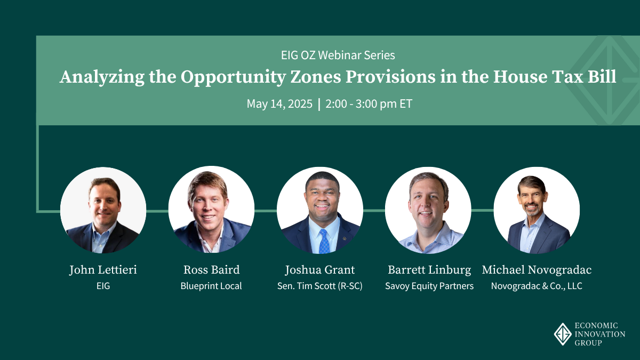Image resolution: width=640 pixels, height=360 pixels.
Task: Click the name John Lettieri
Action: point(103,270)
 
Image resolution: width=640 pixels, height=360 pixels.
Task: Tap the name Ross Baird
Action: point(211,270)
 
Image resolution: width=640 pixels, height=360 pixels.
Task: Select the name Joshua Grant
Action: point(319,270)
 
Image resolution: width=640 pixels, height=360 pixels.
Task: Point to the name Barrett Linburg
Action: point(429,270)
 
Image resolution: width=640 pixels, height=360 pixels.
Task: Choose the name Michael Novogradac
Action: point(537,270)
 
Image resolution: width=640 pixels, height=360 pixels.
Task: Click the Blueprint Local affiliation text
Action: point(211,286)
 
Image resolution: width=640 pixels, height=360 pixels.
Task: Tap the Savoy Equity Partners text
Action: point(429,286)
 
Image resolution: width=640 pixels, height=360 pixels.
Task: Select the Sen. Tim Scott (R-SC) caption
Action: point(319,286)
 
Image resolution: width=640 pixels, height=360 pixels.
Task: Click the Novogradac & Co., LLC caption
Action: point(537,286)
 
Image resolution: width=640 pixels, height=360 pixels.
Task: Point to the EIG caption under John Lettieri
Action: point(103,286)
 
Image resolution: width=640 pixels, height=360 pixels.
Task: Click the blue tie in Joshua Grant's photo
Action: point(324,242)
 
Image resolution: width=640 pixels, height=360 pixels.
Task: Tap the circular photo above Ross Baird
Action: point(211,210)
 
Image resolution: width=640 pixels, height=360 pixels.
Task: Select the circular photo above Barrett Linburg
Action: point(428,210)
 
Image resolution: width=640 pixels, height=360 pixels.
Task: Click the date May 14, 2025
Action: point(279,103)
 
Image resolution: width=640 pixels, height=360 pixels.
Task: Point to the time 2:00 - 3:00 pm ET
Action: point(369,103)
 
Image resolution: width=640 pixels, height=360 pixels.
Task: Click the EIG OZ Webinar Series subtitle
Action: point(338,55)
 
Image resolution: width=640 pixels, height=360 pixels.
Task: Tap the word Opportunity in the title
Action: point(233,77)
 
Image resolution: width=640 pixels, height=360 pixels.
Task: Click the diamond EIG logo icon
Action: point(563,334)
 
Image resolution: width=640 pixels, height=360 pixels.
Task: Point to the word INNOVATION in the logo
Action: point(600,334)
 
